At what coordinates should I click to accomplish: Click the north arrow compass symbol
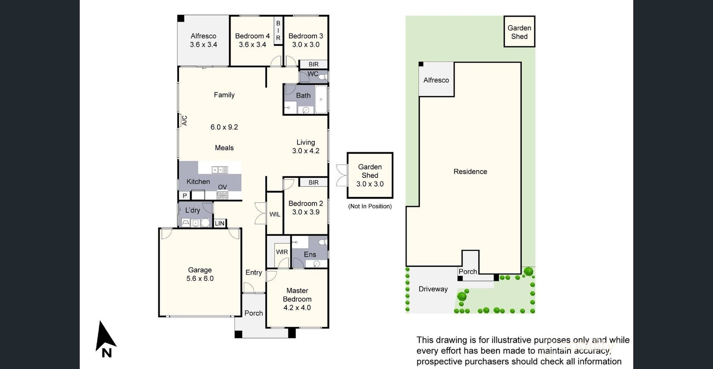(x=105, y=339)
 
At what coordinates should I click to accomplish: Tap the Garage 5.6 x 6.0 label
(x=200, y=274)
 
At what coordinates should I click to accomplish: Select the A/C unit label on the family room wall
(x=184, y=120)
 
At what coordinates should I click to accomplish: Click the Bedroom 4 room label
(x=252, y=36)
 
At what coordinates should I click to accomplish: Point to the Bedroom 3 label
(x=306, y=36)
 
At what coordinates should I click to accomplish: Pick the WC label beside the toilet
(x=313, y=74)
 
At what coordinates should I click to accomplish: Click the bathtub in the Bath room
(x=321, y=100)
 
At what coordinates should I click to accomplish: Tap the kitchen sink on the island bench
(x=220, y=170)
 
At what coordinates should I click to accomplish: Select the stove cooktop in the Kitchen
(x=222, y=195)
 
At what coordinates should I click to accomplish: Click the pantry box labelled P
(x=185, y=195)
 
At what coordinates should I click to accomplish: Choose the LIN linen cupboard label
(x=220, y=223)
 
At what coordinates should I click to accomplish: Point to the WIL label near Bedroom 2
(x=275, y=214)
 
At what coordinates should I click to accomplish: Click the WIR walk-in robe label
(x=282, y=252)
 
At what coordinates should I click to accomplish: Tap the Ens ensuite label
(x=310, y=254)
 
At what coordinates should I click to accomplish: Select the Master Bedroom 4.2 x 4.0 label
(x=297, y=299)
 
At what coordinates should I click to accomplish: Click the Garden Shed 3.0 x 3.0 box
(x=370, y=176)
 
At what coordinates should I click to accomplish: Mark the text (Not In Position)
(x=370, y=206)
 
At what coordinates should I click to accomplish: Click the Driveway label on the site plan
(x=433, y=289)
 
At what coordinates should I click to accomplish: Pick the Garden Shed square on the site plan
(x=519, y=32)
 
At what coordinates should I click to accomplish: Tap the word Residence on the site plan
(x=470, y=172)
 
